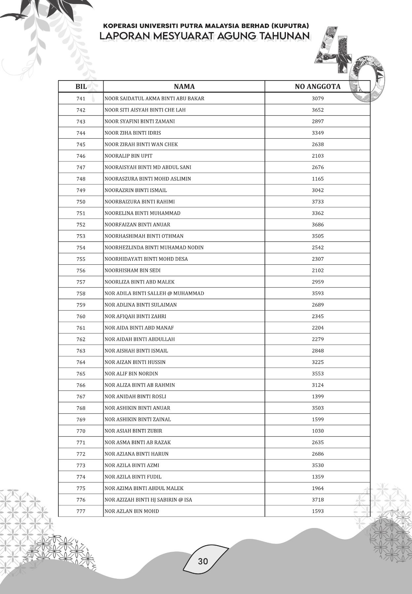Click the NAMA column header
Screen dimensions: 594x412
[184, 86]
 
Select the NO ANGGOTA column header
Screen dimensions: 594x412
[317, 86]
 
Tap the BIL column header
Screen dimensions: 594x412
[81, 86]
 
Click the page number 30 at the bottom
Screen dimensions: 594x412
[203, 561]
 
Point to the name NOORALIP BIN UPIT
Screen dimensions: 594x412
[128, 156]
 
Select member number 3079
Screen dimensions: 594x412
[318, 98]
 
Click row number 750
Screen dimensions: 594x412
[81, 202]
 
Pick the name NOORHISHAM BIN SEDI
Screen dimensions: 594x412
[132, 270]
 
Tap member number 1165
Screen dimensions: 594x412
[318, 179]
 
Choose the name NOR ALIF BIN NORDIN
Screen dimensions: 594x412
[131, 374]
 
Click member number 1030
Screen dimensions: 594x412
[318, 431]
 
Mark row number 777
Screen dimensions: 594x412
[81, 511]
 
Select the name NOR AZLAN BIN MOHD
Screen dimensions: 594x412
[132, 511]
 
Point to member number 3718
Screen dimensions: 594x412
[318, 500]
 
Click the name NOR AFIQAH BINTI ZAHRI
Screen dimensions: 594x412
[135, 316]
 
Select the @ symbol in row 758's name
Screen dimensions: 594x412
[170, 293]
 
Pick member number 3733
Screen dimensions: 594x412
[318, 202]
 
